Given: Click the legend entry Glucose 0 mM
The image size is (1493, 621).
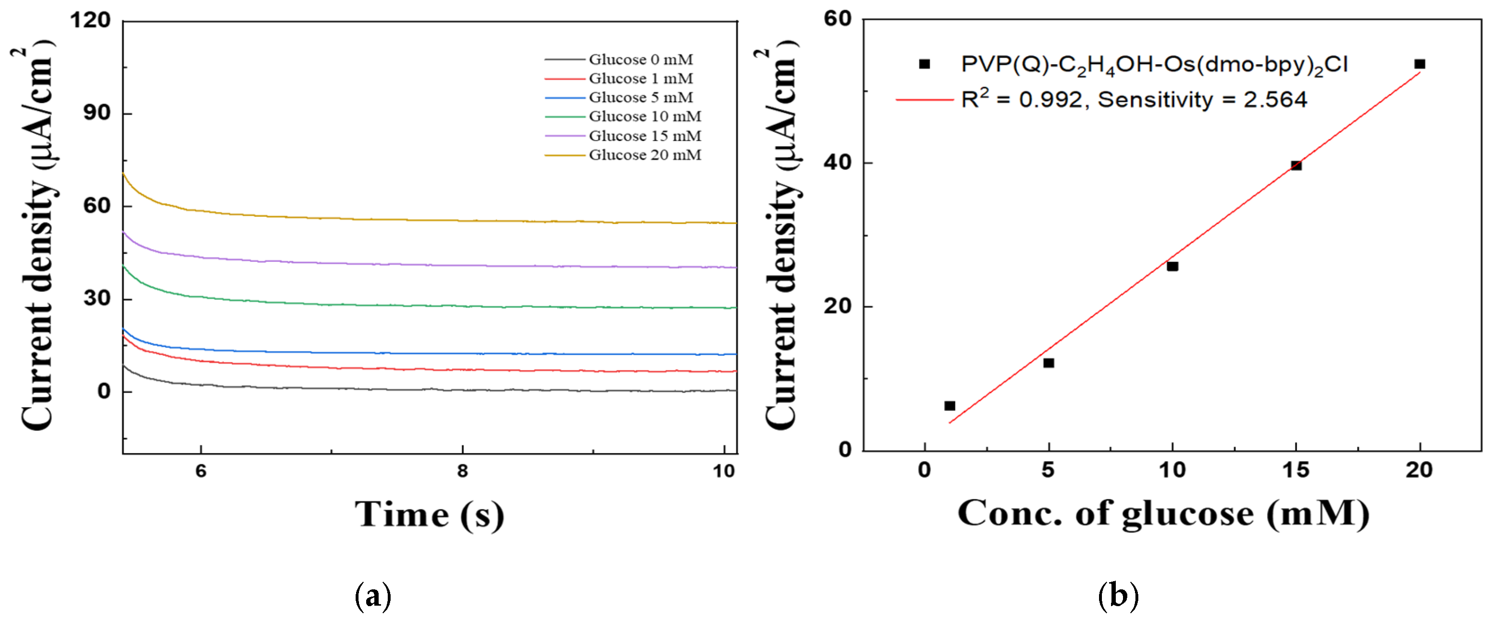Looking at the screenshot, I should pos(640,59).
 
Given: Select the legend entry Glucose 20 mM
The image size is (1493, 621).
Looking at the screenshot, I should pos(645,155).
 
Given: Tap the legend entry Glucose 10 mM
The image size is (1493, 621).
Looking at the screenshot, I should pos(645,116).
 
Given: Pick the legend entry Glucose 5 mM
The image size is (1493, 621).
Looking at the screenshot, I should pos(640,97).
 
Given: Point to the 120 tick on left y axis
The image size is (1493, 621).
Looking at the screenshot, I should pos(91,20).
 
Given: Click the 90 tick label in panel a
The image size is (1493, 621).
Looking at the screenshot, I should pos(97,113).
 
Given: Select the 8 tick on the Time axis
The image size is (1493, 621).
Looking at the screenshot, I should pos(462,470).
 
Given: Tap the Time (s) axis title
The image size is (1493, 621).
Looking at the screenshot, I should pos(429,515).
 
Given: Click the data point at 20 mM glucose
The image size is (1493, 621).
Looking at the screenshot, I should pos(1419,64).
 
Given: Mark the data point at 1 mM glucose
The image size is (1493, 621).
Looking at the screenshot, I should pos(949,406).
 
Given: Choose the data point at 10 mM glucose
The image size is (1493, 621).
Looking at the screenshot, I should pos(1172,266).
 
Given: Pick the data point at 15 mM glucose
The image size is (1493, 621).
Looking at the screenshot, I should pos(1296,165).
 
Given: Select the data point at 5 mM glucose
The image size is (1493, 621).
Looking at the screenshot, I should pos(1049,363).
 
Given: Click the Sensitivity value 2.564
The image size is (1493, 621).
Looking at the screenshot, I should pos(1274,100).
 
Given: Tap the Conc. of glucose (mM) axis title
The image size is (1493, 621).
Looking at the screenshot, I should pos(1163,514).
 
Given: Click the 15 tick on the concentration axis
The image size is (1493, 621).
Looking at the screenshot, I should pos(1296,469).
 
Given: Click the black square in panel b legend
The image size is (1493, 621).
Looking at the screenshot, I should pos(925,64).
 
